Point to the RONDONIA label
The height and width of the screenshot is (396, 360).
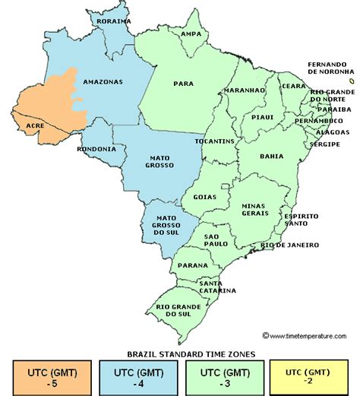coord(96,149)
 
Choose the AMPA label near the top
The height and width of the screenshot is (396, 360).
coord(191,34)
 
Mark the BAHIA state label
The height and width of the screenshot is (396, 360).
coord(271,156)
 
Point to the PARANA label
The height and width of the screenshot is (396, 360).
coord(187,265)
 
